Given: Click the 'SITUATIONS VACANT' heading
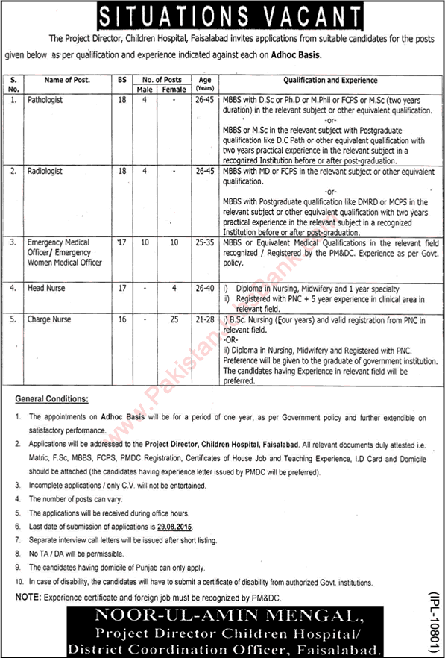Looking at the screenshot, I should (222, 14).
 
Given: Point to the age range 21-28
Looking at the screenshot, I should (203, 319).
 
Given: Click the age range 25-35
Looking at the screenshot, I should (203, 243).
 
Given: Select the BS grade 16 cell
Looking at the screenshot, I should (121, 319).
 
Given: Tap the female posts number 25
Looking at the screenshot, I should (174, 319).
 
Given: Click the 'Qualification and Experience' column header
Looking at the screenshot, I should (329, 80).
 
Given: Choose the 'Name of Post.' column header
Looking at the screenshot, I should (65, 80).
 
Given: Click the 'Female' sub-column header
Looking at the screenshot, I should (174, 89).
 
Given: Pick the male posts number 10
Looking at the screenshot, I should (145, 243).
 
